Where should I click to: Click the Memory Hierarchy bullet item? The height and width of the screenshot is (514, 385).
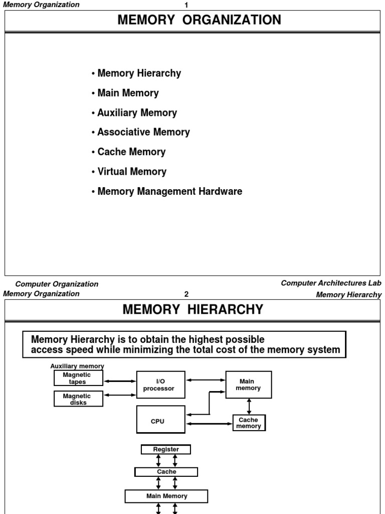136,73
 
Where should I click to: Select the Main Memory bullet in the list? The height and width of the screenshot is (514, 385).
125,93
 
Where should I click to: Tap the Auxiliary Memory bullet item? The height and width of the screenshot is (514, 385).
134,112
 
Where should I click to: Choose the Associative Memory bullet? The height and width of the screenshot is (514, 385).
141,132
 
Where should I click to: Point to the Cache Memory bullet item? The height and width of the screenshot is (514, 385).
129,152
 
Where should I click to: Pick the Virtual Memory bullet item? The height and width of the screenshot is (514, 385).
129,171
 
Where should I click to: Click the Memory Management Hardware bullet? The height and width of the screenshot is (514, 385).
167,191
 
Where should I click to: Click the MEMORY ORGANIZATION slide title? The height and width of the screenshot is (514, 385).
199,20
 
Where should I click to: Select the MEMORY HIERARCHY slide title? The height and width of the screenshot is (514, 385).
193,310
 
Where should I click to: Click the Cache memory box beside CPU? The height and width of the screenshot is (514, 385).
249,423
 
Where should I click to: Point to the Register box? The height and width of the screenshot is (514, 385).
166,449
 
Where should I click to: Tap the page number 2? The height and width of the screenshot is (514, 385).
186,294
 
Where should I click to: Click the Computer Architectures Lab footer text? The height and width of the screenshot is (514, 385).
331,283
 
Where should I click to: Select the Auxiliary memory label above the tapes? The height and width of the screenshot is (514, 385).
77,366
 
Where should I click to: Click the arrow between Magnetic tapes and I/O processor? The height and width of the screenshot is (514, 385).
120,381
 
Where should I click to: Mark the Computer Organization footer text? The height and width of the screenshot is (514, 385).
57,284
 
